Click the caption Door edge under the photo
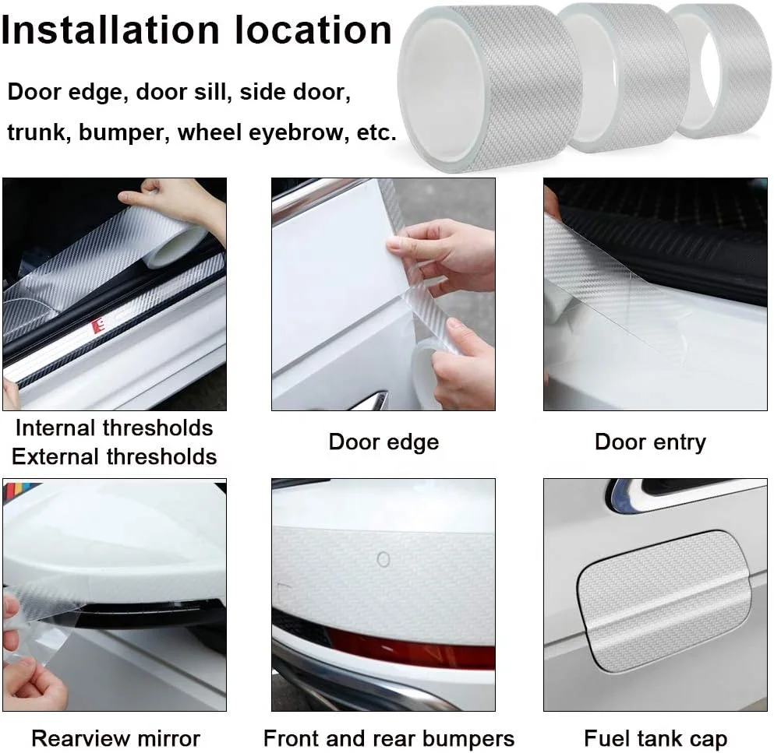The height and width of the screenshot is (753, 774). [x=383, y=442]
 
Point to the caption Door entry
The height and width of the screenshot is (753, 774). [x=649, y=442]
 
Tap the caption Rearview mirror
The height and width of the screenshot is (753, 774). [x=115, y=737]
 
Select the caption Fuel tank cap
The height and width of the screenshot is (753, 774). [x=655, y=737]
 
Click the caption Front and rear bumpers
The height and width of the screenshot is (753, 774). [x=388, y=737]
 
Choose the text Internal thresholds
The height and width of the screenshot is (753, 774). [x=114, y=428]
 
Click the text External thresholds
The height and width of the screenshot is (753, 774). [x=114, y=456]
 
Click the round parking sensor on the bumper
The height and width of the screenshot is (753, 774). [x=383, y=559]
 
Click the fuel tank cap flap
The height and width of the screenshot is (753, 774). [x=663, y=600]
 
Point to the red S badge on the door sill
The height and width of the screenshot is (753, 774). [x=98, y=325]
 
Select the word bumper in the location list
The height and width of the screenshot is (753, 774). [x=129, y=132]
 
